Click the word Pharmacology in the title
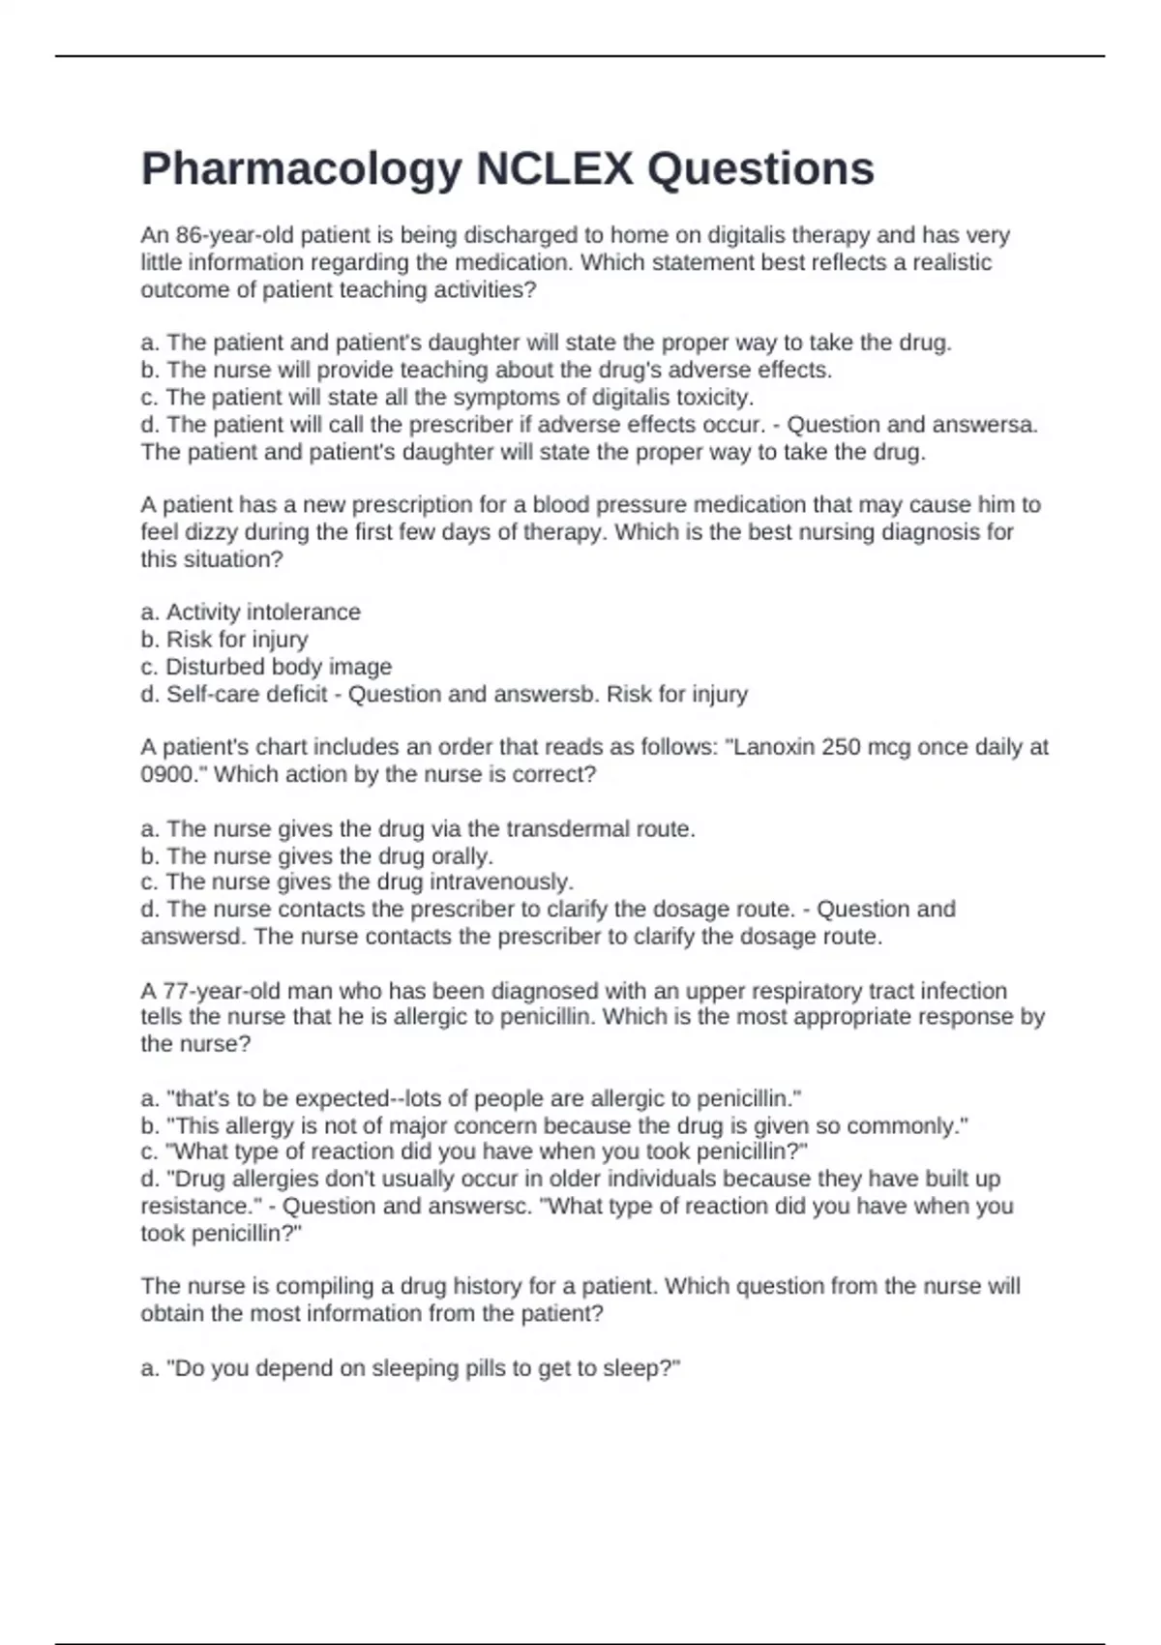click(x=301, y=169)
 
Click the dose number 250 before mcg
click(x=839, y=747)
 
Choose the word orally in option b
click(x=461, y=856)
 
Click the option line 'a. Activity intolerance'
click(x=251, y=612)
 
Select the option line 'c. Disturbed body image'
click(x=266, y=667)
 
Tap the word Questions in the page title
click(x=760, y=169)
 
